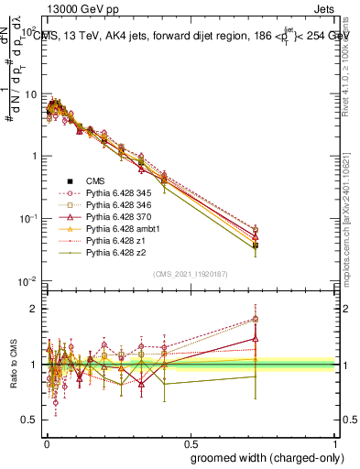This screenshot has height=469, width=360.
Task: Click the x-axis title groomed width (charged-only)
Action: click(267, 456)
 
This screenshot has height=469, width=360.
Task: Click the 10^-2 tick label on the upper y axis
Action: click(27, 281)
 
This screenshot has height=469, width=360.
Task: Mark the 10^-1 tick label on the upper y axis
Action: click(27, 219)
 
